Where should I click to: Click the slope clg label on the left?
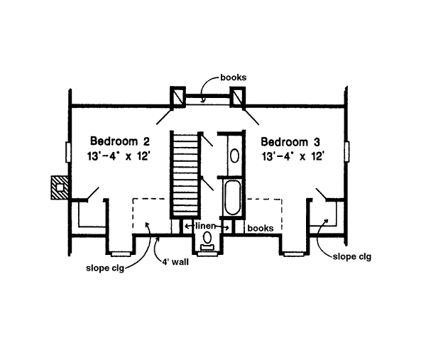pos(105,269)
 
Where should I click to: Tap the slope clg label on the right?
pos(351,256)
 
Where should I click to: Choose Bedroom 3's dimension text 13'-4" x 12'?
pos(292,155)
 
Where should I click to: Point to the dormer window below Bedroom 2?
pos(121,252)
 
